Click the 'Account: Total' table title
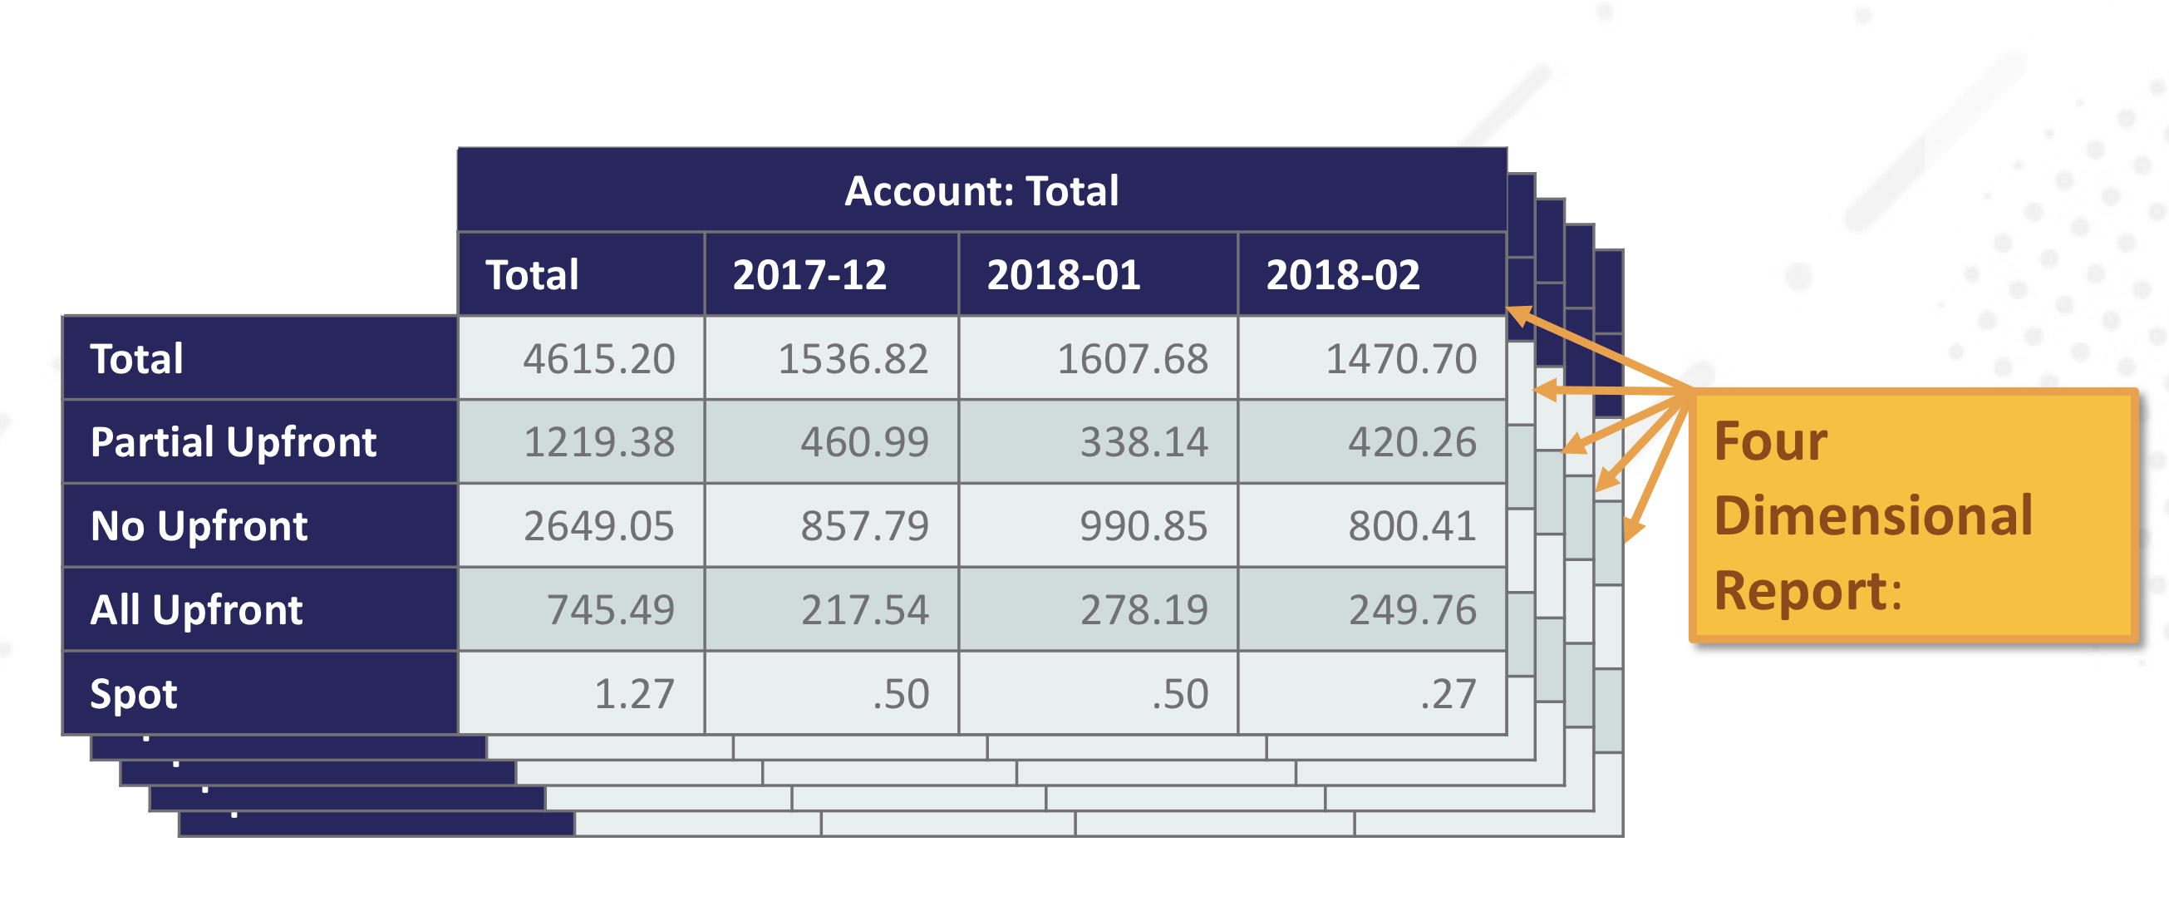coord(981,191)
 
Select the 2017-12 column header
coord(809,275)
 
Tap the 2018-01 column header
coord(1064,275)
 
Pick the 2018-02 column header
coord(1342,275)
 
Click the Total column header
coord(532,275)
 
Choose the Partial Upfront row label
coord(234,442)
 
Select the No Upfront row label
coord(199,526)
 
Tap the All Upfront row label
coord(196,609)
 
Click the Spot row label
coord(134,694)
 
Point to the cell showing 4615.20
coord(598,360)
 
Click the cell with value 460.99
coord(864,442)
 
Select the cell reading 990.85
coord(1143,526)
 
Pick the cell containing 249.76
coord(1412,609)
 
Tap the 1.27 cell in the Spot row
coord(634,694)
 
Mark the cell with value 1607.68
coord(1132,360)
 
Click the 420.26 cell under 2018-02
coord(1412,442)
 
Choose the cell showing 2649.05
coord(598,526)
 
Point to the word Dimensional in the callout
coord(1872,515)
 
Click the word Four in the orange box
coord(1770,441)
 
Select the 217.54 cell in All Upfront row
coord(864,609)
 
